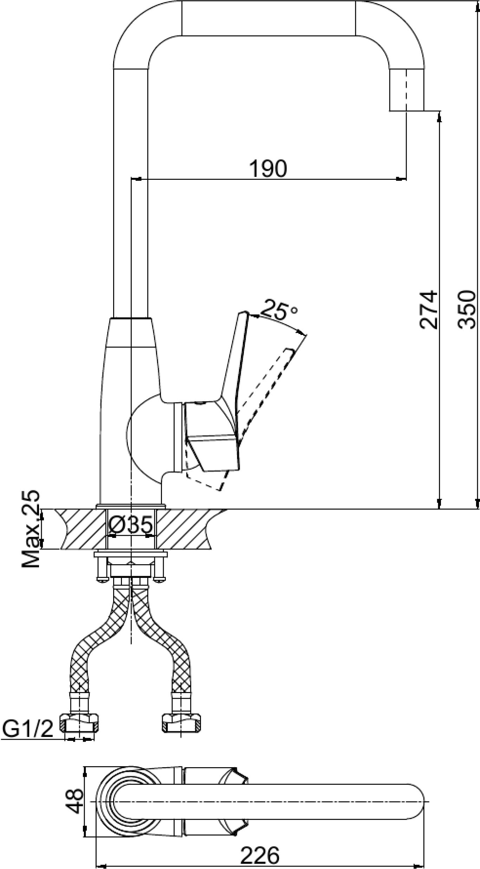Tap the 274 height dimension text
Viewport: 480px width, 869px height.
429,309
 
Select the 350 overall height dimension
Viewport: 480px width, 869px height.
467,309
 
